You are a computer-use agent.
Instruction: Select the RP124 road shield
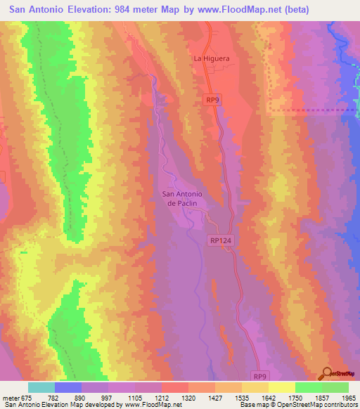pyautogui.click(x=219, y=240)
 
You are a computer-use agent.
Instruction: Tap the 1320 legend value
pyautogui.click(x=188, y=397)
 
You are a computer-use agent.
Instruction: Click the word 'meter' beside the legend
pyautogui.click(x=10, y=397)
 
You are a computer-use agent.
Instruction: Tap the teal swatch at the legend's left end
pyautogui.click(x=41, y=387)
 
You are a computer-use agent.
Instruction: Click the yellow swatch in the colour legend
pyautogui.click(x=281, y=387)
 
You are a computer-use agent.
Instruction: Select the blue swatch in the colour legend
pyautogui.click(x=68, y=387)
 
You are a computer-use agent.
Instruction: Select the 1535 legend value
pyautogui.click(x=241, y=397)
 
